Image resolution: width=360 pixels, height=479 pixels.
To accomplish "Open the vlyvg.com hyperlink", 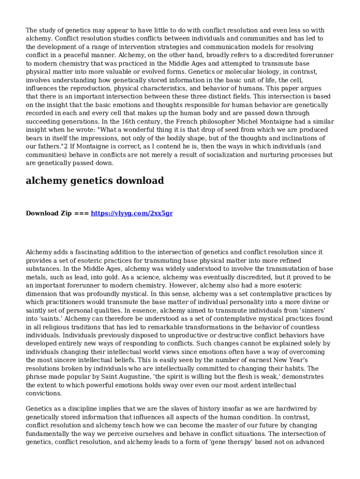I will tap(132, 213).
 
